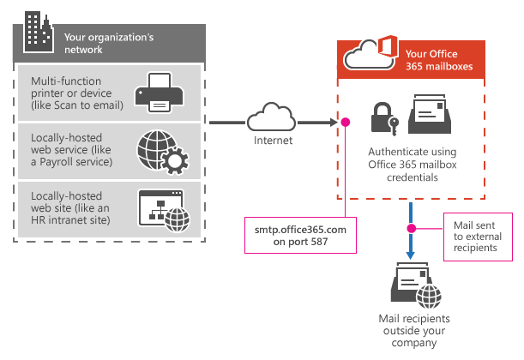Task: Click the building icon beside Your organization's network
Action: [35, 28]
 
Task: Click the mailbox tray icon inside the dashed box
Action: [436, 113]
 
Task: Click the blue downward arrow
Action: [412, 231]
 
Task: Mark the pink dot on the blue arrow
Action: [412, 228]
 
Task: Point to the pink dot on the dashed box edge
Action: [346, 122]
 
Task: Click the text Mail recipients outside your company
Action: [414, 330]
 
